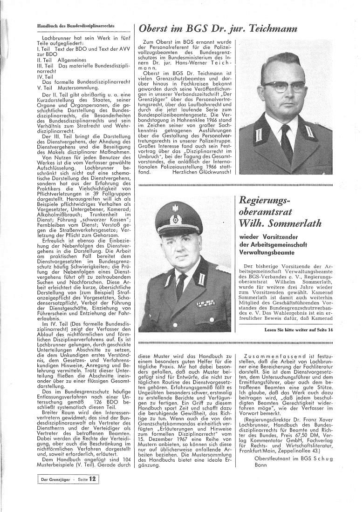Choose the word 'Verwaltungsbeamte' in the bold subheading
tap(266, 252)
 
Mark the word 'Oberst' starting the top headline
tap(155, 28)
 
